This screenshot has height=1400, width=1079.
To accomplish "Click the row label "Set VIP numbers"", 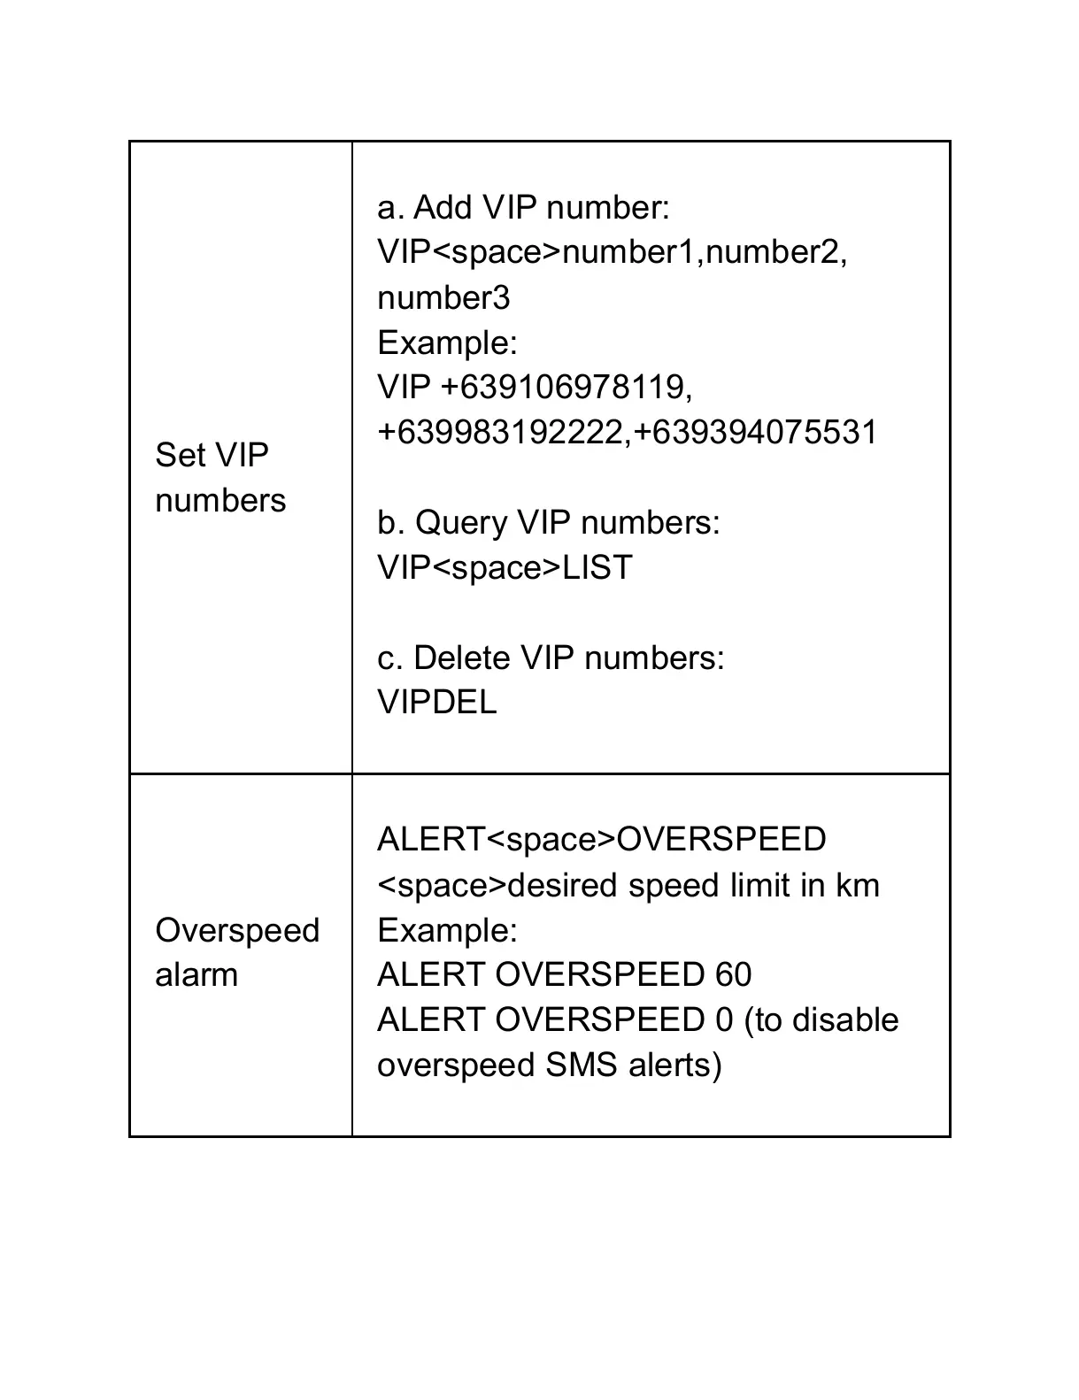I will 220,478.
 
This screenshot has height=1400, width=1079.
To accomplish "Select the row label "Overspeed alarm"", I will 236,953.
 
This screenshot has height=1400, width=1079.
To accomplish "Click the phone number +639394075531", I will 755,433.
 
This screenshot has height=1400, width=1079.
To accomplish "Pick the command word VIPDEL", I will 436,703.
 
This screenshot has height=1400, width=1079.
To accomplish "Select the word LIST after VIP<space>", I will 597,568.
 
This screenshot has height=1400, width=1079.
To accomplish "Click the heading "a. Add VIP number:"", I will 523,208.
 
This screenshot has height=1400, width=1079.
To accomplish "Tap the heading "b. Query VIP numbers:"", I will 548,523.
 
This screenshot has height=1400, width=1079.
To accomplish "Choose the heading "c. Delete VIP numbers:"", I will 550,658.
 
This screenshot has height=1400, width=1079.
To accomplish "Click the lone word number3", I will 443,298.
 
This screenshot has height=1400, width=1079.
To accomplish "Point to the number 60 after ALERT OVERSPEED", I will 732,975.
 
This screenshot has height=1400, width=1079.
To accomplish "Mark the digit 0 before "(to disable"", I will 723,1020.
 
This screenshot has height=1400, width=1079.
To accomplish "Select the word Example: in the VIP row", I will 447,342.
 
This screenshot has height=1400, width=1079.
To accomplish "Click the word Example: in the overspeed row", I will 447,930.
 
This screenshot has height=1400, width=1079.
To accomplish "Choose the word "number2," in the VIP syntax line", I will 776,253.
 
